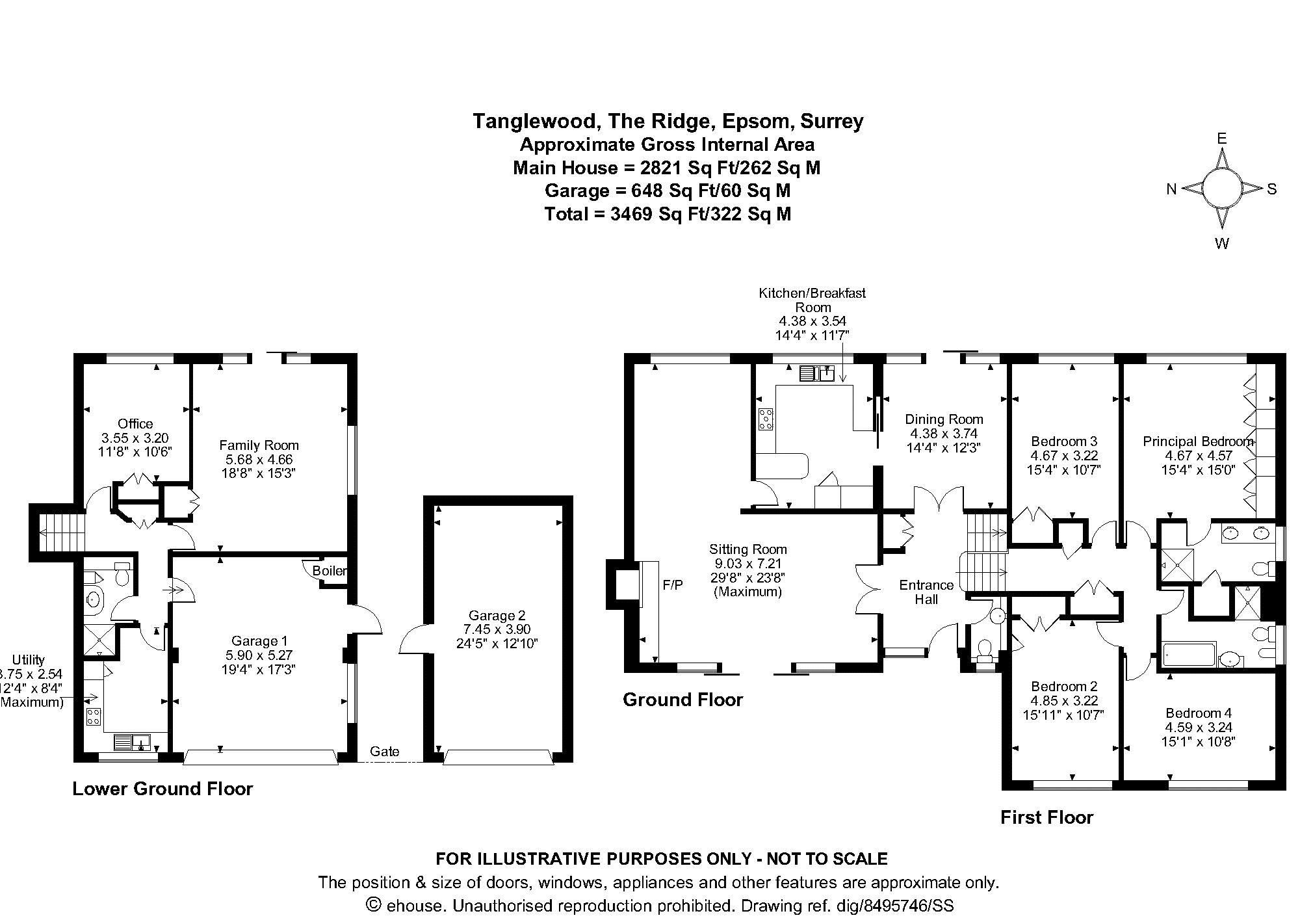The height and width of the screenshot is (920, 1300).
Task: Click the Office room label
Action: (135, 424)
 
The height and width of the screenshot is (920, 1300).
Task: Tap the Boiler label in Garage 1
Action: (330, 571)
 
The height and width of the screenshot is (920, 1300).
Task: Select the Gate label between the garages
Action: (384, 751)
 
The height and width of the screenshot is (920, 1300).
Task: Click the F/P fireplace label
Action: (673, 585)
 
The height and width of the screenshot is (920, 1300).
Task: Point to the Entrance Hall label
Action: (926, 592)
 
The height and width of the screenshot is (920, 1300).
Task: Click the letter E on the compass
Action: (1221, 138)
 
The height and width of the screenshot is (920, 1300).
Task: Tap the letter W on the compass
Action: (1221, 244)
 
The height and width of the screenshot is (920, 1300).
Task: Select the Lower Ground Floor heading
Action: (162, 789)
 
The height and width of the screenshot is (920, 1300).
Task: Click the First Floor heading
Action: (1046, 817)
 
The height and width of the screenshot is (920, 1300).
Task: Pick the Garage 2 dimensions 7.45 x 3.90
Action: (497, 629)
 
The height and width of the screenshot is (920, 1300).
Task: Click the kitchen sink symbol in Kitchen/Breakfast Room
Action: (817, 373)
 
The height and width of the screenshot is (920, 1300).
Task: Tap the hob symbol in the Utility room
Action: (94, 716)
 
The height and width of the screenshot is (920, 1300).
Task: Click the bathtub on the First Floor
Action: (1188, 654)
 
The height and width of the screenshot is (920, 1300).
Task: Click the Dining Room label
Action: (944, 419)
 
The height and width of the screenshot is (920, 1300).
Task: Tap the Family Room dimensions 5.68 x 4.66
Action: (259, 459)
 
